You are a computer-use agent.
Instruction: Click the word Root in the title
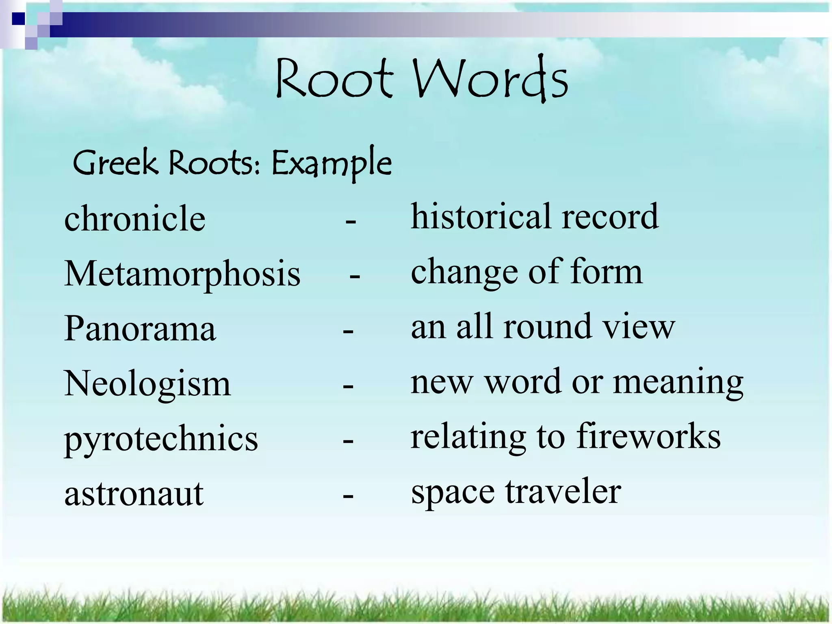click(x=334, y=79)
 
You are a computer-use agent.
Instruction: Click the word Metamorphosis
click(x=182, y=273)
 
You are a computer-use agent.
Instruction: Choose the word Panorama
click(x=140, y=328)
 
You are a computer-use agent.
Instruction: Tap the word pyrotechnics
click(x=161, y=439)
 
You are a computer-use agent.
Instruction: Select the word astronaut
click(x=134, y=494)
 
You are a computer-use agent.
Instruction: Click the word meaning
click(x=678, y=382)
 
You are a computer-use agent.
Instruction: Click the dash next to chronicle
click(x=351, y=222)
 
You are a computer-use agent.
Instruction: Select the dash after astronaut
click(x=348, y=496)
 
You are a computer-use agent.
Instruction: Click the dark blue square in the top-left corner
click(x=18, y=19)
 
